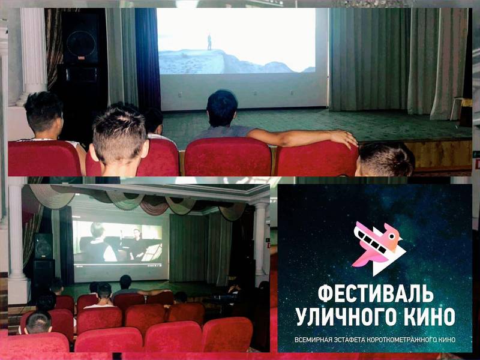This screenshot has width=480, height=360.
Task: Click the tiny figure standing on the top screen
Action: coord(209,42)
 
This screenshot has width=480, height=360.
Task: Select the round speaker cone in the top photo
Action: coord(81,44)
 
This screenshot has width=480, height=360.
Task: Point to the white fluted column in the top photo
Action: coord(33,55)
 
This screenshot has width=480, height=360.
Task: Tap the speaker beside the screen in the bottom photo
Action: coord(43,245)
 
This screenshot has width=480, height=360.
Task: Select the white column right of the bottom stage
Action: coord(260,239)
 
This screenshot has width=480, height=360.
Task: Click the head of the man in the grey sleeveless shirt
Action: coord(222,108)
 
